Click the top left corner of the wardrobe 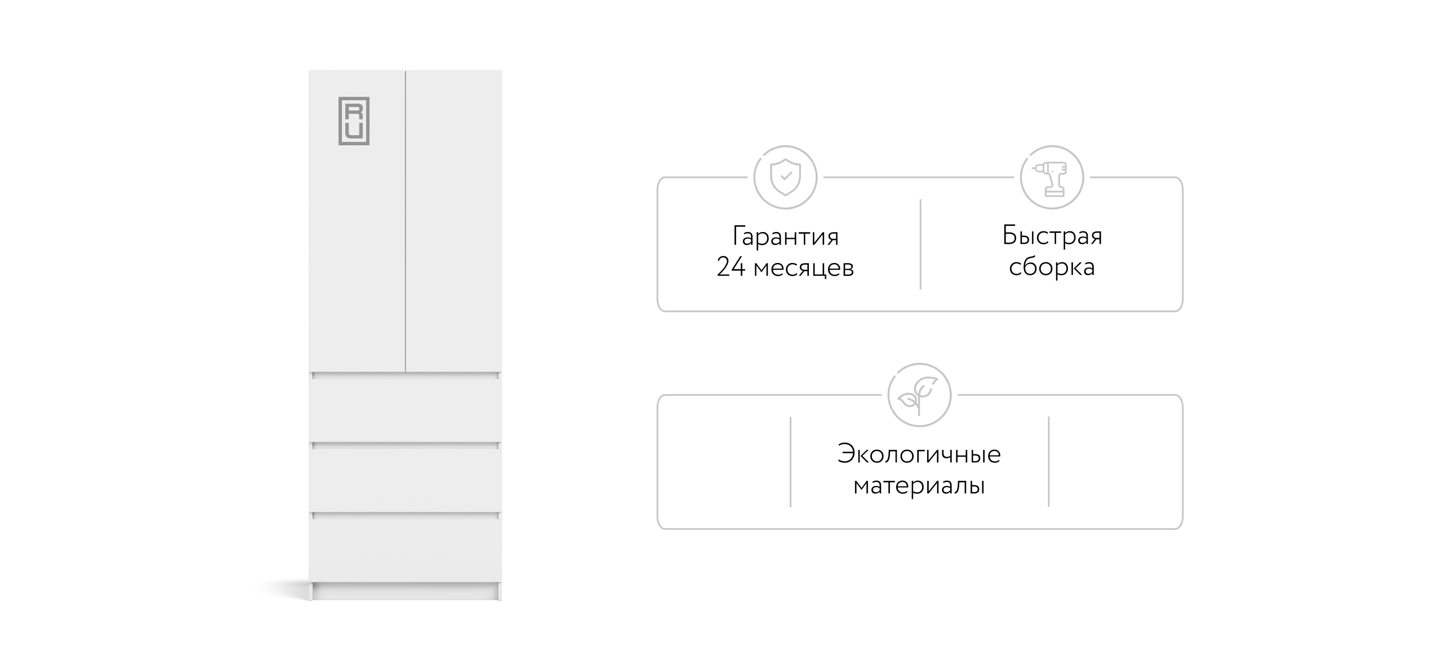pos(309,70)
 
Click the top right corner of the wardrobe pos(502,70)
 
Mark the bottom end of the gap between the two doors pos(406,372)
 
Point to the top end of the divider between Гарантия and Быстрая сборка pos(920,199)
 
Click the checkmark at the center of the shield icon pos(786,176)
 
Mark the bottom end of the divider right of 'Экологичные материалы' pos(1048,506)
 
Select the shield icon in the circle pos(785,177)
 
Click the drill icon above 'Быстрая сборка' pos(1052,179)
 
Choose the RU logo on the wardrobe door pos(354,121)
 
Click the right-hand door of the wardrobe pos(454,221)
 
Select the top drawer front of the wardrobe pos(405,410)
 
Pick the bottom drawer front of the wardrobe pos(405,550)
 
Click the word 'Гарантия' pos(785,237)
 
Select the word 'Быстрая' pos(1052,236)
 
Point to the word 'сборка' pos(1052,267)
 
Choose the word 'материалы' pos(919,486)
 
